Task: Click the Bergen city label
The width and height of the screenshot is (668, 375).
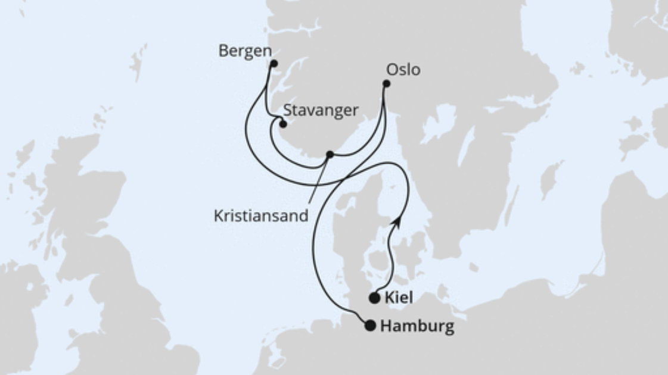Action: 245,51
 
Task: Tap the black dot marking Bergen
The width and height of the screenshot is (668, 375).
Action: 274,64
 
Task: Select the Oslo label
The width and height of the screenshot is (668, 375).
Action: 403,70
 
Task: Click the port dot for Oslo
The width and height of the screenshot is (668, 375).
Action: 386,84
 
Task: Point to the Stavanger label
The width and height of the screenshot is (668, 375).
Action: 321,110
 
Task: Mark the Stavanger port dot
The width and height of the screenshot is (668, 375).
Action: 283,124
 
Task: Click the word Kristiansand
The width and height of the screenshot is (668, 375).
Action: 261,215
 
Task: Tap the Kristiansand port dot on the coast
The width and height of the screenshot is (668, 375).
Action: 330,155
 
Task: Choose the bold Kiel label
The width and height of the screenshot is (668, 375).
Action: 399,297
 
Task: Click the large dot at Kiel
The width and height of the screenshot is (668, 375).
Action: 374,298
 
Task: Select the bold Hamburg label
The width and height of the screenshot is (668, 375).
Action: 417,326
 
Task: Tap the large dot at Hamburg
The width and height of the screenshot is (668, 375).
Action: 371,326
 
